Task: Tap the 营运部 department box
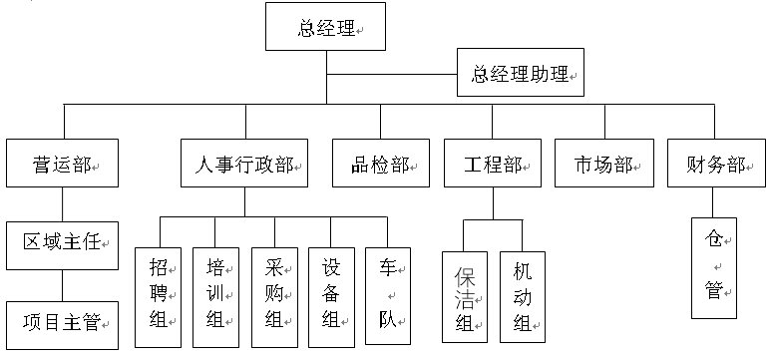click(63, 164)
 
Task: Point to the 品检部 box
click(381, 164)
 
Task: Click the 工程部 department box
click(493, 164)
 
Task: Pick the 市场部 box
click(604, 164)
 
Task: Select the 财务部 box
click(715, 164)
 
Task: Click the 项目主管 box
click(63, 322)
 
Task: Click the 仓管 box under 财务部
click(715, 267)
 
